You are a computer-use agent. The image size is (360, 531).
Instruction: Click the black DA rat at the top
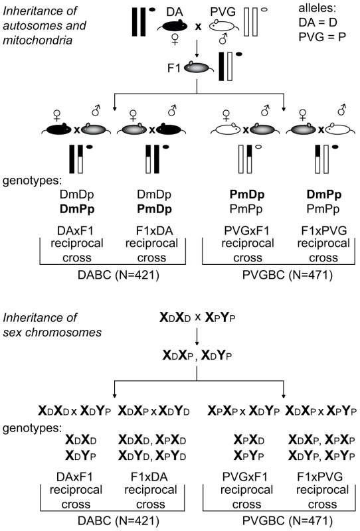(x=173, y=26)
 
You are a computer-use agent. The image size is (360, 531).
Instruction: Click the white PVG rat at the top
(x=222, y=26)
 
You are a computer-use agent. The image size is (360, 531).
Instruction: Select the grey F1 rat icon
(x=199, y=68)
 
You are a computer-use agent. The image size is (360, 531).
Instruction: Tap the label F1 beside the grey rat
(x=174, y=68)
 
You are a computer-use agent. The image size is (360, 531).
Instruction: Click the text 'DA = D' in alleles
(x=317, y=23)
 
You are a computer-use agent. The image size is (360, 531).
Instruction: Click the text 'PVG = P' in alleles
(x=322, y=37)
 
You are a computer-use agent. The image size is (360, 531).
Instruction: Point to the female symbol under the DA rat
(x=175, y=40)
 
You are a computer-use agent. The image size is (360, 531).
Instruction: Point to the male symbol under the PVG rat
(x=223, y=39)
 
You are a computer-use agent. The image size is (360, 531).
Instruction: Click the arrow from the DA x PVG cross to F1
(x=197, y=50)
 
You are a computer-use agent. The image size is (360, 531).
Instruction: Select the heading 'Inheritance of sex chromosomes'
(x=52, y=325)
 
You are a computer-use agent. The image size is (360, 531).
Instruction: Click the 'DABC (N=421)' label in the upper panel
(x=118, y=275)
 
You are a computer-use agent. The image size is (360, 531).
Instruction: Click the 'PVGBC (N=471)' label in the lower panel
(x=288, y=520)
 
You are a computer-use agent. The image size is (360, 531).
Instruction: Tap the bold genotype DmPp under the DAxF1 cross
(x=77, y=209)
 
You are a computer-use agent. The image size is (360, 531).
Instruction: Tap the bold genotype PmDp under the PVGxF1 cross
(x=247, y=194)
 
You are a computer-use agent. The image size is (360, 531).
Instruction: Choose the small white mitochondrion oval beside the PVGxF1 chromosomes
(x=258, y=147)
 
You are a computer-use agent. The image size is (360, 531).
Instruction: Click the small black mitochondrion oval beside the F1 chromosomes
(x=239, y=54)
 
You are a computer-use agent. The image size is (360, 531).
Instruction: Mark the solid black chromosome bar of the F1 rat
(x=222, y=66)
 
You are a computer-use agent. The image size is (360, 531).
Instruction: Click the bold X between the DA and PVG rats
(x=198, y=27)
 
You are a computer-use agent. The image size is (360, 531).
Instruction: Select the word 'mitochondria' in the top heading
(x=38, y=40)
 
